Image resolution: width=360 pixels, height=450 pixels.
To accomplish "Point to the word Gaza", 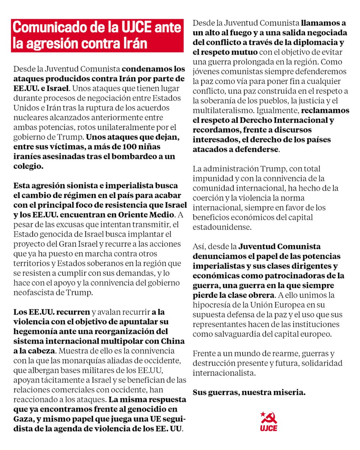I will [x=22, y=419].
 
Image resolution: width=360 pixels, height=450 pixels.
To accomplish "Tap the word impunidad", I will [x=210, y=178].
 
